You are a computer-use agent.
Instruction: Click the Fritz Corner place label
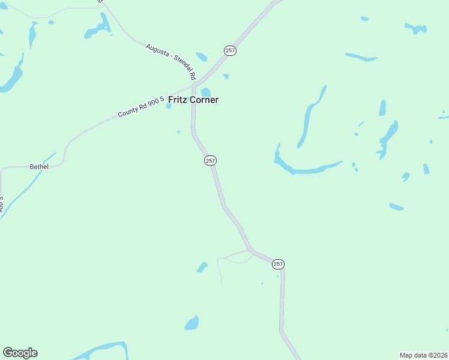[x=193, y=100]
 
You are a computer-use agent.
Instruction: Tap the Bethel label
[x=39, y=166]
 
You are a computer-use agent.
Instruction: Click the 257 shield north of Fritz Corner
[x=231, y=50]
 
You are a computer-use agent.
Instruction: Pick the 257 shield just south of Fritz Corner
[x=210, y=160]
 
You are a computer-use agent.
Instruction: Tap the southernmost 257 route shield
[x=278, y=264]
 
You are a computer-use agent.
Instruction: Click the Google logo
[x=20, y=353]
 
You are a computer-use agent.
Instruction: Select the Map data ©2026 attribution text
[x=424, y=355]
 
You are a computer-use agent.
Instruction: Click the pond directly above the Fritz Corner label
[x=205, y=92]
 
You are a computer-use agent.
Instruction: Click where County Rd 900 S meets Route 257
[x=194, y=86]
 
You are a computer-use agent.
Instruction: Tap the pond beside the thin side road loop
[x=202, y=267]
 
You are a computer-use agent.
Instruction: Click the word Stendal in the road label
[x=184, y=68]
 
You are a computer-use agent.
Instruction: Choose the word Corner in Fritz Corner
[x=205, y=100]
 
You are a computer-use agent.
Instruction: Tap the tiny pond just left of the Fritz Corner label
[x=169, y=107]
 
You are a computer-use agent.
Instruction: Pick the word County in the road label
[x=128, y=110]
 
